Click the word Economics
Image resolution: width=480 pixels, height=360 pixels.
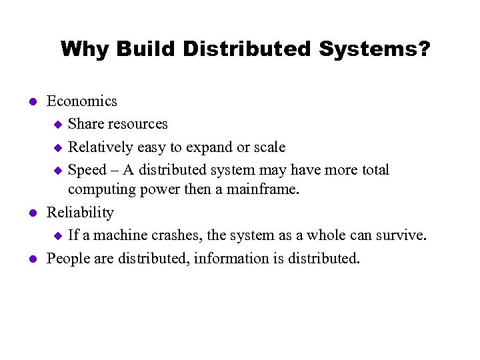tap(81, 101)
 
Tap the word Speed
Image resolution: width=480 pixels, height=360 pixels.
tap(87, 170)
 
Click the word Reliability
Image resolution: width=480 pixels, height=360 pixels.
tap(80, 213)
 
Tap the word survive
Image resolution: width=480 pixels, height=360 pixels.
tap(401, 235)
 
